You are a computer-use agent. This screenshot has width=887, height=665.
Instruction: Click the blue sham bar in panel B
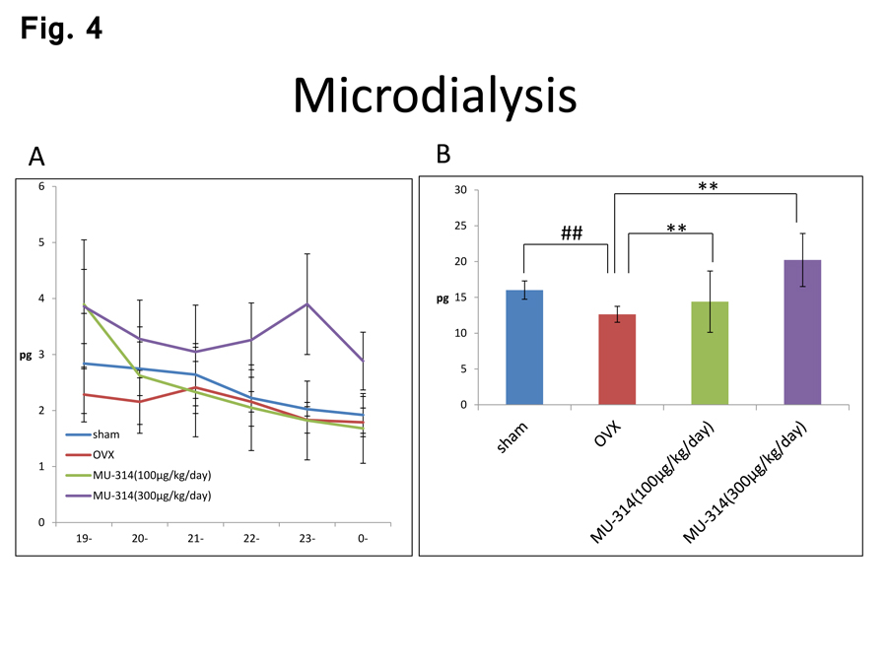pyautogui.click(x=523, y=347)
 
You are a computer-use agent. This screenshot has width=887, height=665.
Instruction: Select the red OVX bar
pyautogui.click(x=617, y=360)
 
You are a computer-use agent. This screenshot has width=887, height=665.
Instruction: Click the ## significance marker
pyautogui.click(x=572, y=233)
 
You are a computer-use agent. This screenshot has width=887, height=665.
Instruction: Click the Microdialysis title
pyautogui.click(x=434, y=96)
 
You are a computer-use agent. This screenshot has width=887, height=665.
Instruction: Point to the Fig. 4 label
pyautogui.click(x=61, y=29)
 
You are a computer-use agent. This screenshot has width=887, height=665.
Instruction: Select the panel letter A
pyautogui.click(x=36, y=157)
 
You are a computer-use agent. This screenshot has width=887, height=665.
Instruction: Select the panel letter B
pyautogui.click(x=443, y=154)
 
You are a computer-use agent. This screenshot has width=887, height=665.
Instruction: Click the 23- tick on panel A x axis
pyautogui.click(x=307, y=539)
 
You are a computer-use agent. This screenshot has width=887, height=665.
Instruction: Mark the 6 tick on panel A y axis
pyautogui.click(x=41, y=186)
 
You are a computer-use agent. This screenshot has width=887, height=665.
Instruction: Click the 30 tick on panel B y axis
pyautogui.click(x=459, y=190)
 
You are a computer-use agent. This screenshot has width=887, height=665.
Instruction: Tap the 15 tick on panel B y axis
pyautogui.click(x=459, y=298)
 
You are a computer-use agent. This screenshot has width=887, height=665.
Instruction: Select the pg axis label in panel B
pyautogui.click(x=443, y=298)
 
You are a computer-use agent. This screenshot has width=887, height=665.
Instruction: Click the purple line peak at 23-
pyautogui.click(x=307, y=303)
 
